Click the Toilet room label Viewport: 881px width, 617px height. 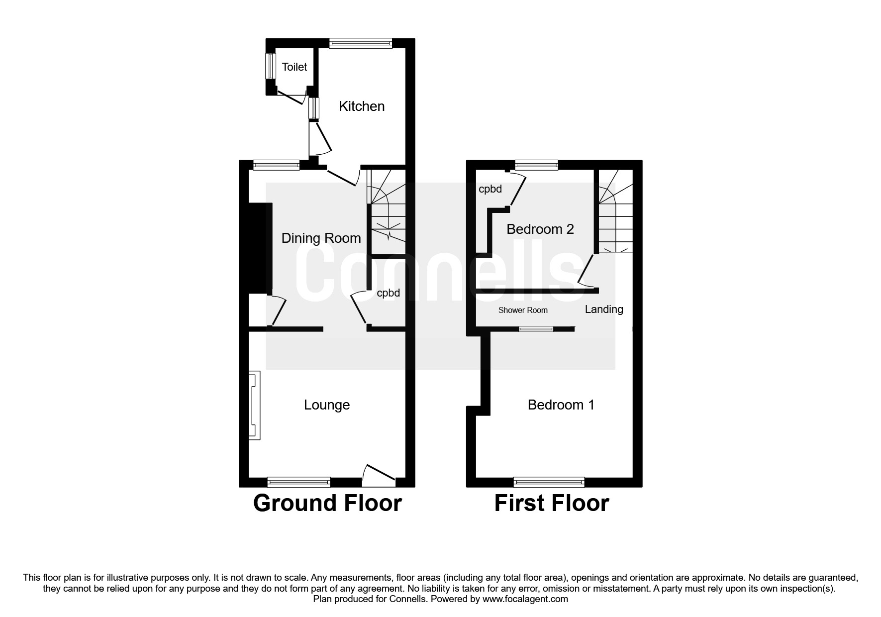tap(294, 67)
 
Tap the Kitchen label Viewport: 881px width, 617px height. tap(362, 106)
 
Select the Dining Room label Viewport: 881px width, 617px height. tap(321, 238)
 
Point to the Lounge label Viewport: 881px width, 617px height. tap(327, 405)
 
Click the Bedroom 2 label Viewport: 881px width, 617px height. tap(540, 229)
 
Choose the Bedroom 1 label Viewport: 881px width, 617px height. tap(561, 405)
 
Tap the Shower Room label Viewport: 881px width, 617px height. tap(523, 310)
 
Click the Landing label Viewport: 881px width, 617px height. tap(603, 309)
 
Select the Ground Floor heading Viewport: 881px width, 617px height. tap(327, 503)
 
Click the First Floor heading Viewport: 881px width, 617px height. tap(551, 503)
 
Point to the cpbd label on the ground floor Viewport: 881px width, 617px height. tap(388, 293)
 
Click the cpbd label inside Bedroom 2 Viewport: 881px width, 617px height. tap(490, 189)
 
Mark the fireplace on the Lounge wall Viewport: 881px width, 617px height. tap(254, 405)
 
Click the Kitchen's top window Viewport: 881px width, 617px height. tap(360, 43)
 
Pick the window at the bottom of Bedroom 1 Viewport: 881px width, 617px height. tap(549, 481)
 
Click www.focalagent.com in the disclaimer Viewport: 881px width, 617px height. tap(525, 599)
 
